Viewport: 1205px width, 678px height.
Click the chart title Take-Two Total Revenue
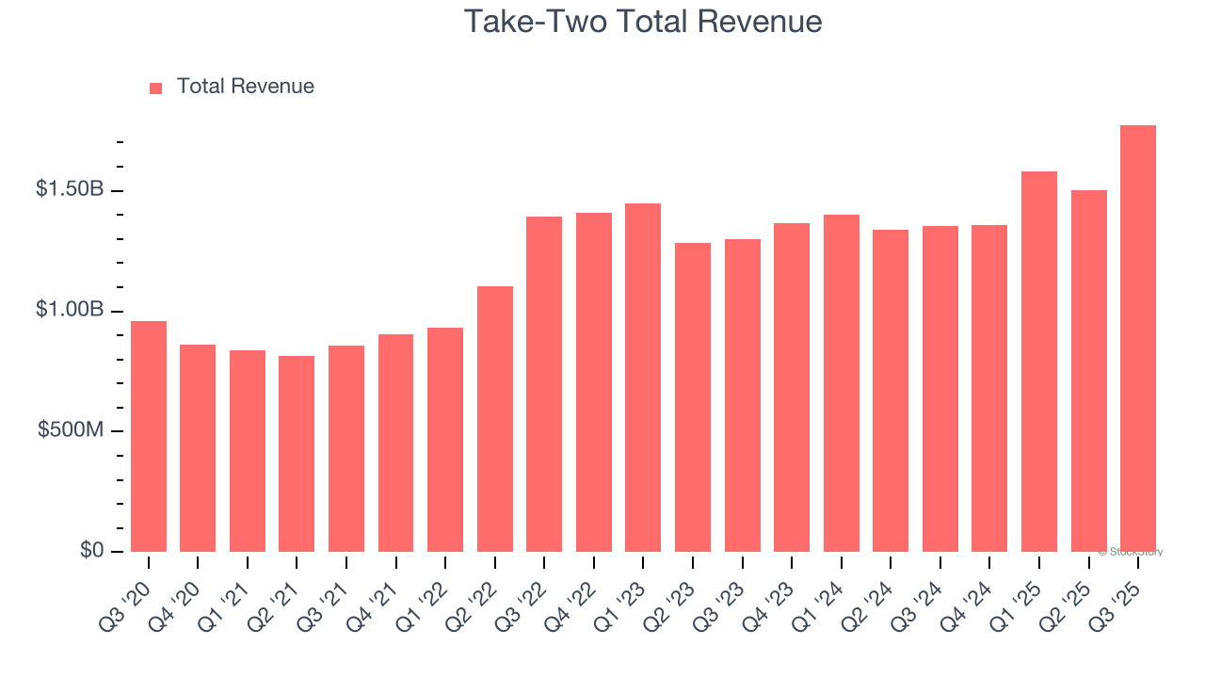click(x=643, y=22)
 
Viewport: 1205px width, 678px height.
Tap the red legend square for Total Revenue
click(x=155, y=89)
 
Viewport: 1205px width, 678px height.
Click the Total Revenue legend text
click(x=245, y=87)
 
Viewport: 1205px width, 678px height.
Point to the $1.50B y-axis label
click(x=70, y=189)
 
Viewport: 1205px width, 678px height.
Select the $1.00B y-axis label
click(x=70, y=310)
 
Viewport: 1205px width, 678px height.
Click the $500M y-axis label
click(x=72, y=430)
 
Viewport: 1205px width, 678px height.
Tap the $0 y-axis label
click(x=91, y=550)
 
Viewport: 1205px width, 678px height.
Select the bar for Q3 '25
click(x=1137, y=339)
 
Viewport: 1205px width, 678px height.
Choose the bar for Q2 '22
click(x=495, y=419)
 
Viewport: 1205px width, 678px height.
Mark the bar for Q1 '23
click(x=643, y=378)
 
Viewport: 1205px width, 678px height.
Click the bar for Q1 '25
click(x=1039, y=362)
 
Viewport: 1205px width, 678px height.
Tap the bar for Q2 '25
click(x=1088, y=371)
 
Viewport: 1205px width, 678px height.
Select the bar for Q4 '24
click(x=989, y=388)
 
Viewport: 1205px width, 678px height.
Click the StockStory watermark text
click(x=1131, y=552)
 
